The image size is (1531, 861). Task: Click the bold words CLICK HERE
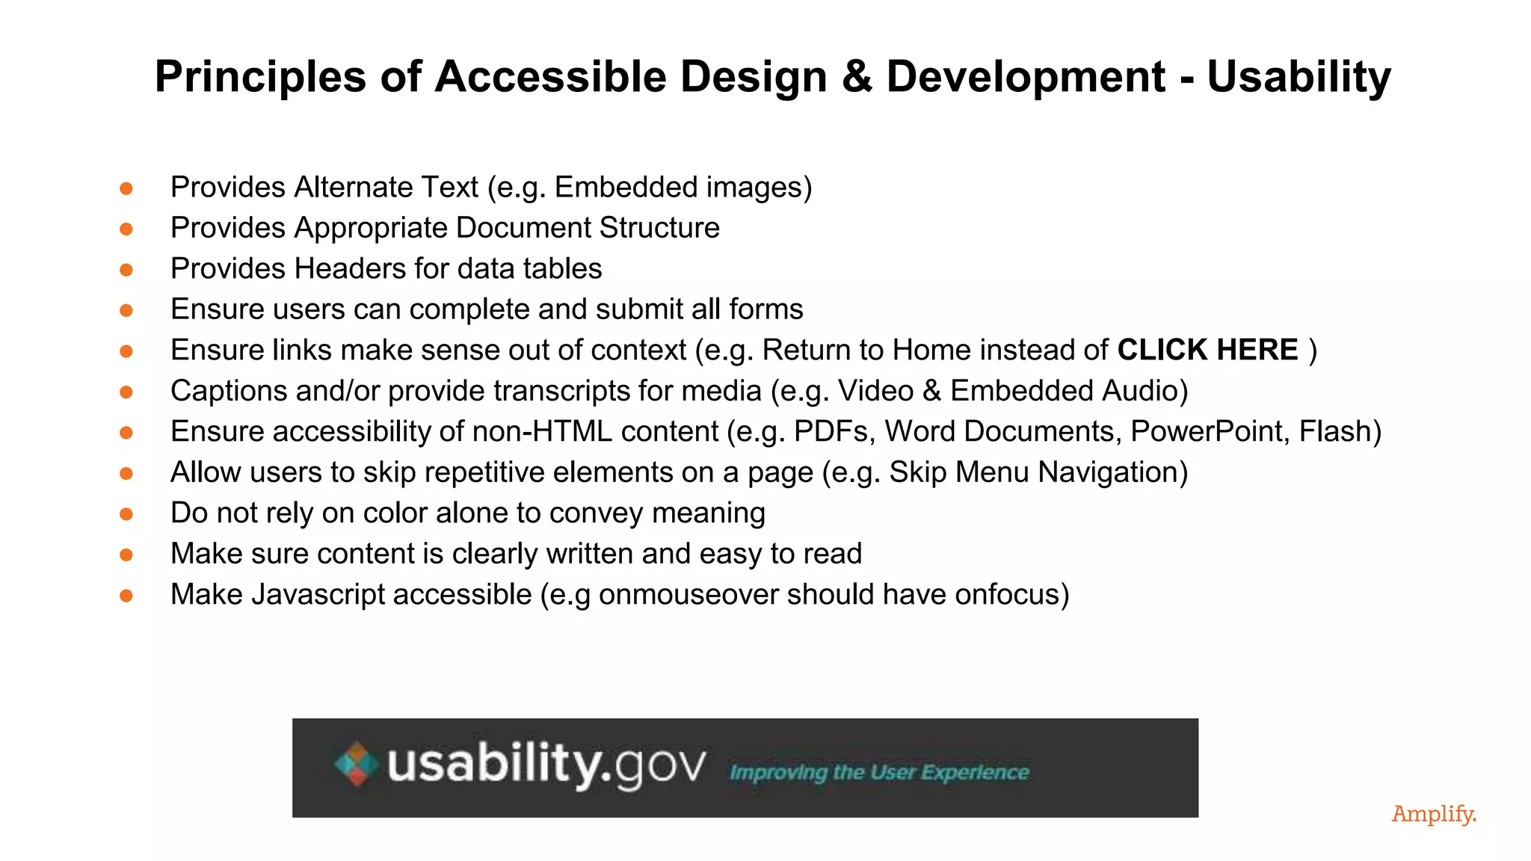pos(1207,350)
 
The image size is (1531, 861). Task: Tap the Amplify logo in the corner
pos(1434,814)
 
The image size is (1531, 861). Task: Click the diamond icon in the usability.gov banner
pos(356,764)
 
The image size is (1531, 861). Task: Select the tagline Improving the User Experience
pos(879,772)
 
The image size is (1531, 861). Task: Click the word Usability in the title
pos(1299,76)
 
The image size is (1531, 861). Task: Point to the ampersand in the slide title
pos(857,76)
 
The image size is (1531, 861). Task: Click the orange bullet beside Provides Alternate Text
pos(126,188)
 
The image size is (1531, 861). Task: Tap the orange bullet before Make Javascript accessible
pos(126,596)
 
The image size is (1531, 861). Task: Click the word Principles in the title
pos(260,76)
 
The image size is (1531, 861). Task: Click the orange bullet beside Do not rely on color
pos(126,514)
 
